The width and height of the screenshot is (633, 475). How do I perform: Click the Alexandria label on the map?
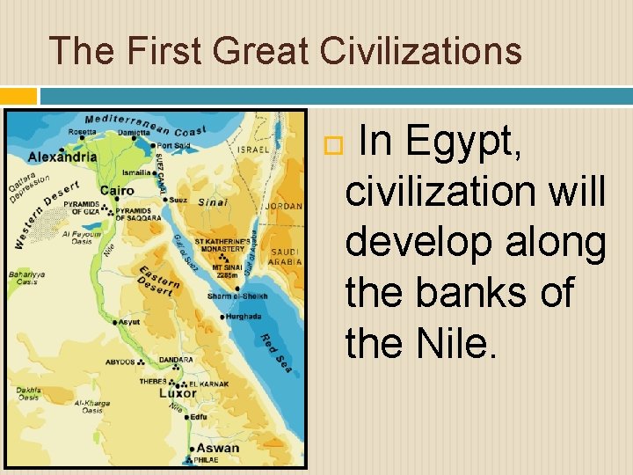(x=62, y=157)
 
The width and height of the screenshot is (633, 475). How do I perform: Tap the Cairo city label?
(x=117, y=190)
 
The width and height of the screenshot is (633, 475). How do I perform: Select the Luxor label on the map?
(x=178, y=393)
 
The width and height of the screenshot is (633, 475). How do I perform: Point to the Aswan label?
(x=217, y=448)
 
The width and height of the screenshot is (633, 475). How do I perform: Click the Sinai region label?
(x=211, y=201)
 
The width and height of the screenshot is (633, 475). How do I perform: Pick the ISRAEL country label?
(x=253, y=150)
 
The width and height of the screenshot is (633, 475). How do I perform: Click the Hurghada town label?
(x=244, y=315)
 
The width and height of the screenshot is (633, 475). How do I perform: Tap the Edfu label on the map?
(x=200, y=416)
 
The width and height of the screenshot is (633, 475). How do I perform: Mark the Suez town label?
(x=178, y=199)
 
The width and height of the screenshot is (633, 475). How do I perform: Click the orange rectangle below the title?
(x=18, y=95)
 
